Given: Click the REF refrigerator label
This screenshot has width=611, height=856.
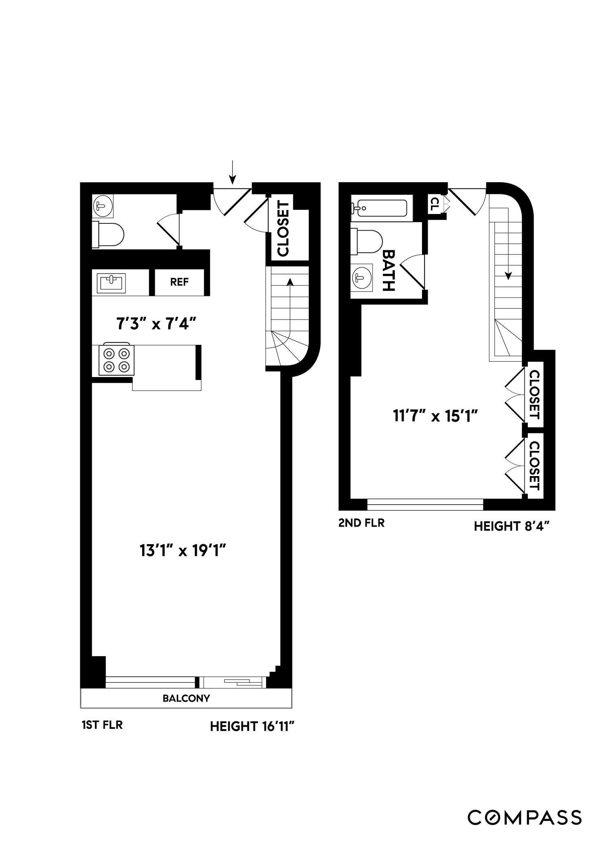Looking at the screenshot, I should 179,282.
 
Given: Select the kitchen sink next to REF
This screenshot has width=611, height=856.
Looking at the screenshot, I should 111,282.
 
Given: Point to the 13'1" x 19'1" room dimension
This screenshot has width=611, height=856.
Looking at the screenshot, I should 182,551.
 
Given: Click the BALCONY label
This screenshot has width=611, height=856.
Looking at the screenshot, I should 186,698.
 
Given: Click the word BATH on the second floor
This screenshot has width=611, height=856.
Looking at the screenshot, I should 389,270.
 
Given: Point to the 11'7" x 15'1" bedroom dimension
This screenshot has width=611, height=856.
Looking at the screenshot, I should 435,417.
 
